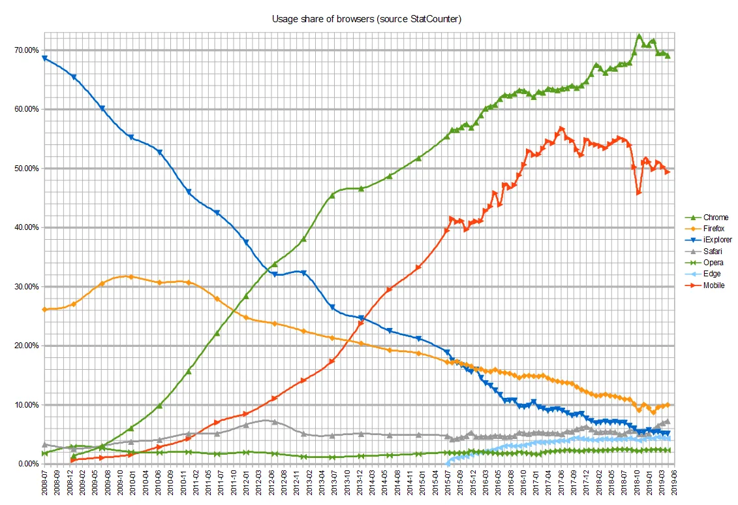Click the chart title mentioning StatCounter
click(x=367, y=19)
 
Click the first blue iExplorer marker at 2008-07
click(x=44, y=58)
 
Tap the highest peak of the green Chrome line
click(x=639, y=37)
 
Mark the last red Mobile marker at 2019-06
click(x=668, y=172)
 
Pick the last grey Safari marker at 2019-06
click(x=668, y=421)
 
